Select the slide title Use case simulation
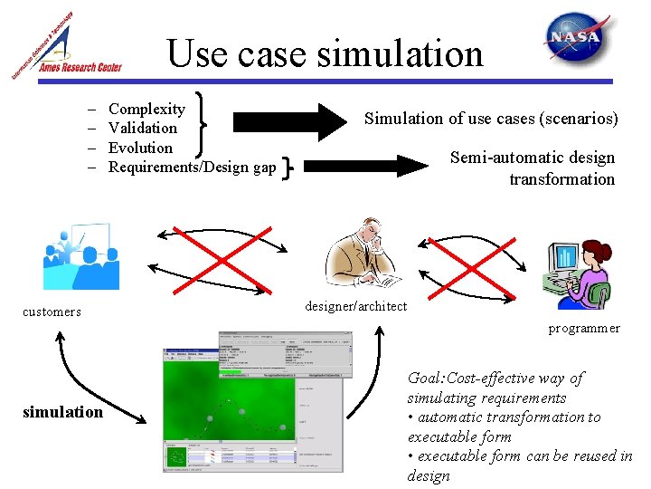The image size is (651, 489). [x=325, y=53]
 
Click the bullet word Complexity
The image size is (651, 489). [x=146, y=109]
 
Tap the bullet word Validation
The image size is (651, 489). [x=142, y=128]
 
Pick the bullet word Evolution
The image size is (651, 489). [x=139, y=148]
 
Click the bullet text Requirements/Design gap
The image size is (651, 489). [x=192, y=167]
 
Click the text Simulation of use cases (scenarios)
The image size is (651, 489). [x=491, y=119]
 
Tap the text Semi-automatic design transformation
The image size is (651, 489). [x=533, y=168]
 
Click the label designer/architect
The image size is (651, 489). [x=355, y=306]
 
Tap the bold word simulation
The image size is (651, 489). [x=62, y=412]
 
